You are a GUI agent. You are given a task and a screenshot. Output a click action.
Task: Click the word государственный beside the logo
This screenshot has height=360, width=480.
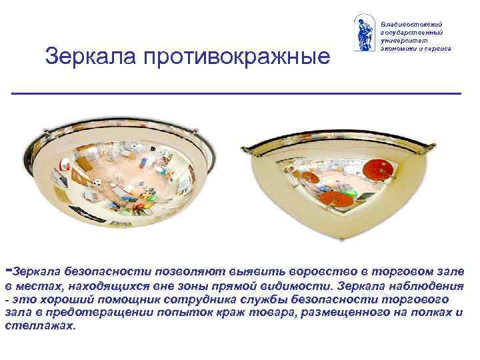tap(412, 32)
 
